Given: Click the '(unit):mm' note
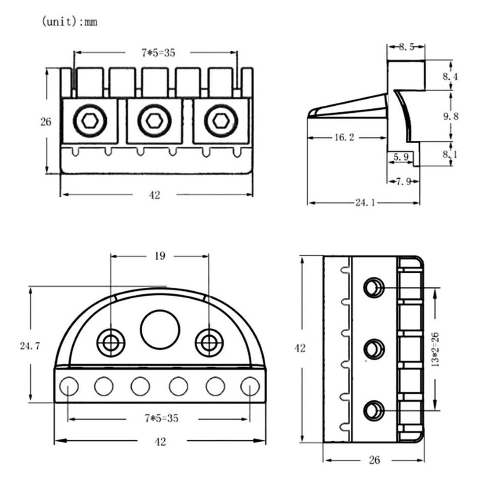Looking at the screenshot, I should (x=70, y=23).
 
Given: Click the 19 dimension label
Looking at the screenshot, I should (x=159, y=256).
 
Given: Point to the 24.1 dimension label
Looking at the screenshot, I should (x=364, y=203).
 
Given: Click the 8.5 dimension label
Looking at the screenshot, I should (x=406, y=47).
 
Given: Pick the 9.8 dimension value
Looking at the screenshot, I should (x=451, y=116).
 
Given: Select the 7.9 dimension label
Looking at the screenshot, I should (x=403, y=182).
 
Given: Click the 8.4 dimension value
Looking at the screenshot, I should (x=451, y=77).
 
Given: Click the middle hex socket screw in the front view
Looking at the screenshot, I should (x=154, y=121).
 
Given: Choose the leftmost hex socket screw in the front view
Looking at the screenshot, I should (x=90, y=121).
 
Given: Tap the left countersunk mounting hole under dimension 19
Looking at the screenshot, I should (x=111, y=342).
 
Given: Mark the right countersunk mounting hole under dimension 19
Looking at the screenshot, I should (x=209, y=342).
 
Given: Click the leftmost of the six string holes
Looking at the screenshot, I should (x=69, y=387).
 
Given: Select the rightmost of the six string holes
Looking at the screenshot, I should (x=250, y=387).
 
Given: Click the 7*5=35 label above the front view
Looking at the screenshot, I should (x=158, y=52).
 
